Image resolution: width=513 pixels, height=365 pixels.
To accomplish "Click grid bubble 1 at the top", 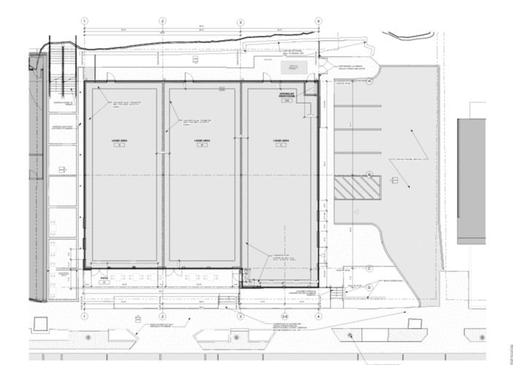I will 85,21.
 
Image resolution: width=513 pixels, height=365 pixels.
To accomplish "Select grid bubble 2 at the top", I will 163,21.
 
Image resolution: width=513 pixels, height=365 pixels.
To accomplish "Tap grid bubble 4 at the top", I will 318,21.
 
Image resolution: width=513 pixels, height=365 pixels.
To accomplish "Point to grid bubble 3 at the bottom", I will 241,317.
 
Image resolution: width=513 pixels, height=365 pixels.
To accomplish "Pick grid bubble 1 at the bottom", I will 85,317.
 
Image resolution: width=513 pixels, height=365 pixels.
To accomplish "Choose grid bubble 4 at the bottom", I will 318,317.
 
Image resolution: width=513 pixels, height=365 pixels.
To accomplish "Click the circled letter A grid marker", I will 370,82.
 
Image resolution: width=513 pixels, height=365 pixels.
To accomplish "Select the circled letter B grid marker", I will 370,174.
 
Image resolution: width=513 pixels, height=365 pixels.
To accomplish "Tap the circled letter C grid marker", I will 370,268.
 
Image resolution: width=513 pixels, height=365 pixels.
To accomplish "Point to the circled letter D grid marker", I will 370,287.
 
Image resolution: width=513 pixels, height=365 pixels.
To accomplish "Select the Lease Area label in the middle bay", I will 198,141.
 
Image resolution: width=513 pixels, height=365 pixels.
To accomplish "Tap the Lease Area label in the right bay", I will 278,141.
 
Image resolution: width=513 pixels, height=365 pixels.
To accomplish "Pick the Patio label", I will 104,278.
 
